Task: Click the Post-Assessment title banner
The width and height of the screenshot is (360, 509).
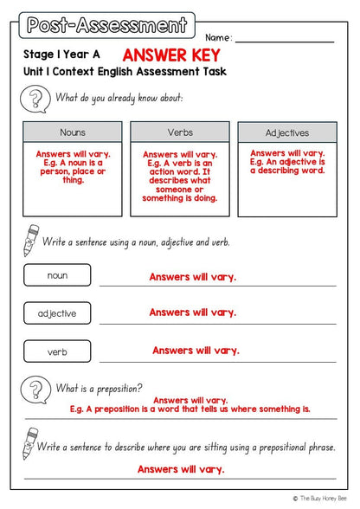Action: tap(106, 25)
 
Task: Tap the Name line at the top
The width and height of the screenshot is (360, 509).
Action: tap(284, 39)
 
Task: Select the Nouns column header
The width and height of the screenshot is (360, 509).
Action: tap(73, 133)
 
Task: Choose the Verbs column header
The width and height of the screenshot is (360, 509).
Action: tap(179, 132)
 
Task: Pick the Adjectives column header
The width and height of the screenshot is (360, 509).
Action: tap(287, 133)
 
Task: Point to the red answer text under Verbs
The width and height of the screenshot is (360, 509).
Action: tap(179, 176)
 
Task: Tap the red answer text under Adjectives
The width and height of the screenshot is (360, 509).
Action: tap(287, 162)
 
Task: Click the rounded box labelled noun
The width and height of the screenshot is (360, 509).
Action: tap(57, 275)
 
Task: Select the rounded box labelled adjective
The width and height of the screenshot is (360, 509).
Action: tap(57, 312)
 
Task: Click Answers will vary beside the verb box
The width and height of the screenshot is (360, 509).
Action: tap(196, 351)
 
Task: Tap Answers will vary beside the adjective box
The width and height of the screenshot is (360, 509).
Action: tap(193, 312)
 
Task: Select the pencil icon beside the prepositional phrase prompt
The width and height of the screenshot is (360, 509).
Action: tap(29, 447)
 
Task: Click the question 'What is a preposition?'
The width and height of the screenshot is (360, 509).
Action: tap(100, 388)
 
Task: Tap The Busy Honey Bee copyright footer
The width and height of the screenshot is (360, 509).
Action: tap(324, 499)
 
